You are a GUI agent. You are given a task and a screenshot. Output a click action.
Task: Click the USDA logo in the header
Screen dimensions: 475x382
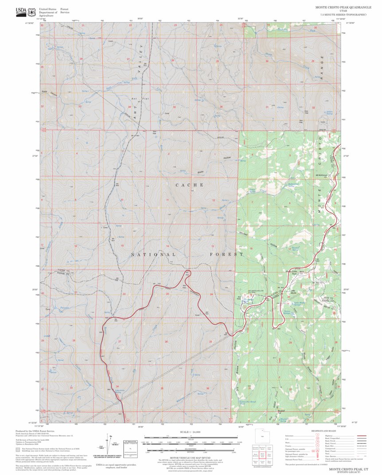click(x=20, y=12)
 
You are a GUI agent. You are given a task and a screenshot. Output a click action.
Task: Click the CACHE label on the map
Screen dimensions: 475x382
click(x=189, y=185)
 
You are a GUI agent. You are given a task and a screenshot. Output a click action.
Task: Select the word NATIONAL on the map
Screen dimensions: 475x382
click(x=153, y=255)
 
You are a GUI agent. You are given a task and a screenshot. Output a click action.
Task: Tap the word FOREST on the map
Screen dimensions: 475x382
click(x=226, y=254)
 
